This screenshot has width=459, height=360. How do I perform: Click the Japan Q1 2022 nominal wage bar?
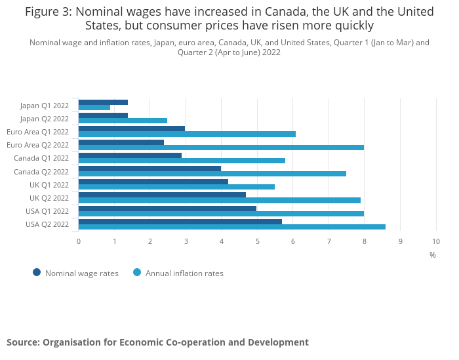103,102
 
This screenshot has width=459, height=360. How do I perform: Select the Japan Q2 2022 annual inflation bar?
123,121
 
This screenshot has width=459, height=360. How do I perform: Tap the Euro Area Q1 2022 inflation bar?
187,134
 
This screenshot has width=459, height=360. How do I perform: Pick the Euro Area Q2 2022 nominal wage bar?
121,142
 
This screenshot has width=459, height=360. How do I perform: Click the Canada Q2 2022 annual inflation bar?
212,174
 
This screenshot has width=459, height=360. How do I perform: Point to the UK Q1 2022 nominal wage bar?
153,182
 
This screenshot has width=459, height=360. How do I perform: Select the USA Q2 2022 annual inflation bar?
231,227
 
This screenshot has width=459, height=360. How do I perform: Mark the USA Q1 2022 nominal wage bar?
167,209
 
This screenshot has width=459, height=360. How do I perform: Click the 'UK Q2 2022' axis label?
49,198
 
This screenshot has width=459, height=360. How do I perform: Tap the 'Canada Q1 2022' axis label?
41,158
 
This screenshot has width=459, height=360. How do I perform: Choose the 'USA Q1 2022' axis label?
47,211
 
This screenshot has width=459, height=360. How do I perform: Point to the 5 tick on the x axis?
258,241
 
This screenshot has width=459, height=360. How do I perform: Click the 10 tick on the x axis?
436,241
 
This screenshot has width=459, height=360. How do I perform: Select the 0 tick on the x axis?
79,241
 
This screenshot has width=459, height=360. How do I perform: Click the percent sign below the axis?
433,254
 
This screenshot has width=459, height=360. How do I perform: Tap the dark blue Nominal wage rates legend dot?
37,273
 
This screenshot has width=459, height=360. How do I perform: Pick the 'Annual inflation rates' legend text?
184,273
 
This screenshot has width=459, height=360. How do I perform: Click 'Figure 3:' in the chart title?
50,12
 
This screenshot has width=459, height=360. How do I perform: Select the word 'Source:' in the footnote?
23,342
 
